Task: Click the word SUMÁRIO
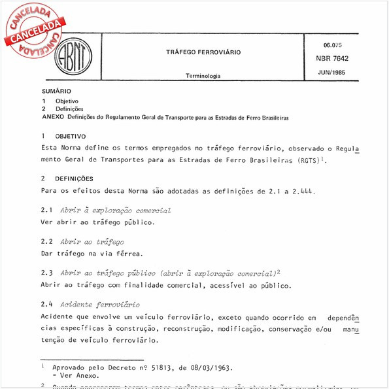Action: [x=56, y=91]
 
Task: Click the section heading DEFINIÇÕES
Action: [x=74, y=178]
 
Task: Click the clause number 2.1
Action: [x=46, y=211]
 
